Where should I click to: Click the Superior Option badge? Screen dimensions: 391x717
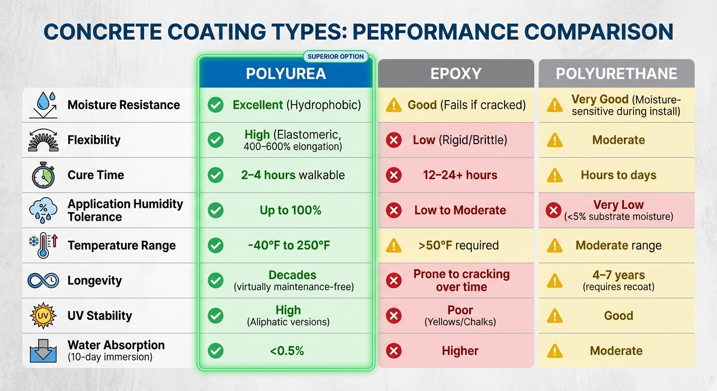tap(336, 57)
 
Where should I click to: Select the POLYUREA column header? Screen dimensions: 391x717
tap(286, 74)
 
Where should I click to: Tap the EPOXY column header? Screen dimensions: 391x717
tap(456, 74)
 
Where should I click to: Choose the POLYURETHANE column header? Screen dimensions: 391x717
tap(616, 74)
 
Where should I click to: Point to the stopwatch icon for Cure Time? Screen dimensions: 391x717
tap(43, 176)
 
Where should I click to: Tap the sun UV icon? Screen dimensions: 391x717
tap(43, 316)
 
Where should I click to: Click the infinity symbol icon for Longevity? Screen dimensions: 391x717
tap(43, 281)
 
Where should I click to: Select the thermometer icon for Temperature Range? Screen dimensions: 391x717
tap(43, 245)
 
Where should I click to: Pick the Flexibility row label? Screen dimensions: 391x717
tap(94, 140)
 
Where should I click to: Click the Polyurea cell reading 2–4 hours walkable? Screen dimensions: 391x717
tap(293, 175)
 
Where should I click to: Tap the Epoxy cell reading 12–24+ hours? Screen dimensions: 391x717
tap(460, 175)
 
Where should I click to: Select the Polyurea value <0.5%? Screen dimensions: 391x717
tap(288, 351)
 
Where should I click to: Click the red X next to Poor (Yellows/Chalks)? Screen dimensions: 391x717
tap(394, 316)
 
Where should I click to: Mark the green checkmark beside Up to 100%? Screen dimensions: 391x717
tap(216, 210)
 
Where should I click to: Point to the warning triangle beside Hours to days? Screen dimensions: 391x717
tap(555, 176)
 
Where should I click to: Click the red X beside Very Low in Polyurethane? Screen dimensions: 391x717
tap(554, 210)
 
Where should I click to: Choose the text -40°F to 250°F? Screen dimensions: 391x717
tap(289, 245)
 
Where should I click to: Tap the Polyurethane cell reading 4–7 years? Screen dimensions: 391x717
tap(618, 280)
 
